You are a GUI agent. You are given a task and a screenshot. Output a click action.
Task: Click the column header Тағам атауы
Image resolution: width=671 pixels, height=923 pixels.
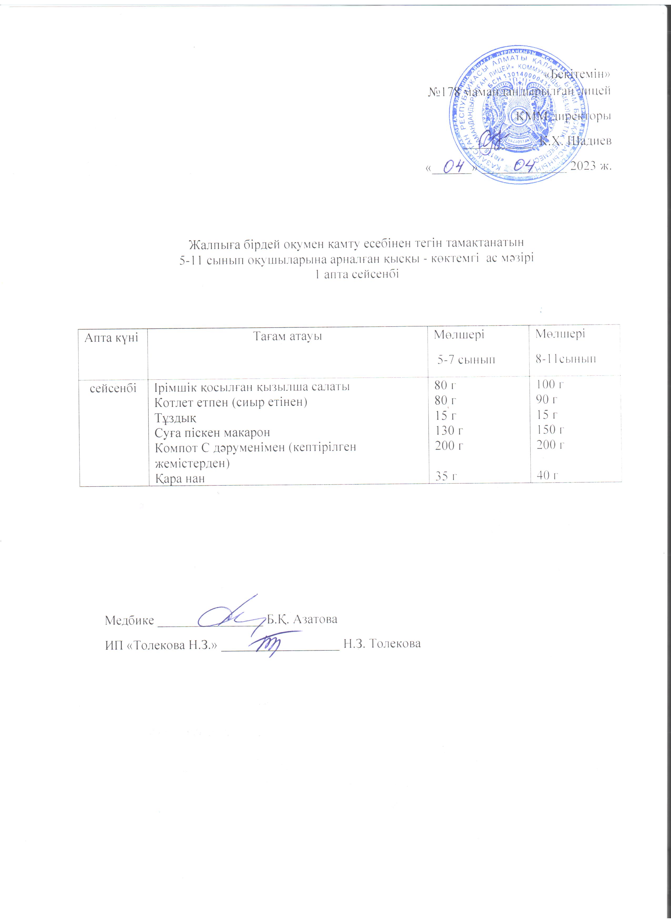pyautogui.click(x=288, y=337)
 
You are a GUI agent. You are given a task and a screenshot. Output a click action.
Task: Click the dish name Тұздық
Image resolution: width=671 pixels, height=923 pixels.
pyautogui.click(x=176, y=417)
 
